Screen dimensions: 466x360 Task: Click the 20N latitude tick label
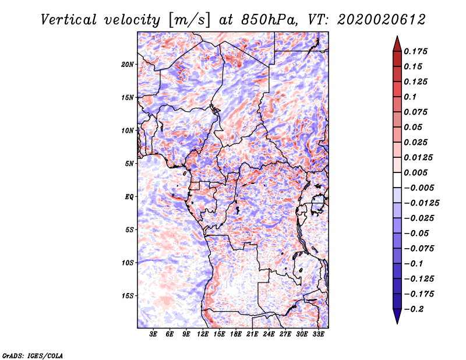[128, 65]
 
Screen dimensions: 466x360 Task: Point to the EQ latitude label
[129, 197]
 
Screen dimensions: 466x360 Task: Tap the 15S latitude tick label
[128, 296]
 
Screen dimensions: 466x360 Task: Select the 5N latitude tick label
[129, 164]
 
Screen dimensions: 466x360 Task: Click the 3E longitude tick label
[153, 334]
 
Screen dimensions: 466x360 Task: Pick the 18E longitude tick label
[236, 334]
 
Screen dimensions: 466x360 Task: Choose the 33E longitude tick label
[318, 334]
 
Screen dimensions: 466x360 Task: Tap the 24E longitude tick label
[269, 334]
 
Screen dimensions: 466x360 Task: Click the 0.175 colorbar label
[415, 51]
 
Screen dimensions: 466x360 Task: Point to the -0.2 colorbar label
[414, 309]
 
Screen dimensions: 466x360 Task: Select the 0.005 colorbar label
[415, 172]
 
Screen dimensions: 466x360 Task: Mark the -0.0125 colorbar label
[421, 203]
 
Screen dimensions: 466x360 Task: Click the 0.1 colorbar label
[410, 97]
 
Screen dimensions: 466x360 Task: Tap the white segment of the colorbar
[397, 180]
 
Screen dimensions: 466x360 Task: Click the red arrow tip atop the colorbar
[397, 36]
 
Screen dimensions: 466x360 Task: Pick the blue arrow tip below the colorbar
[397, 323]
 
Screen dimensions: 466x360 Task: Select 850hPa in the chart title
[269, 20]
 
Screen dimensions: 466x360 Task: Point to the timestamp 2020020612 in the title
[382, 20]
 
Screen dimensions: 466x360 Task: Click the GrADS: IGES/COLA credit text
[33, 355]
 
